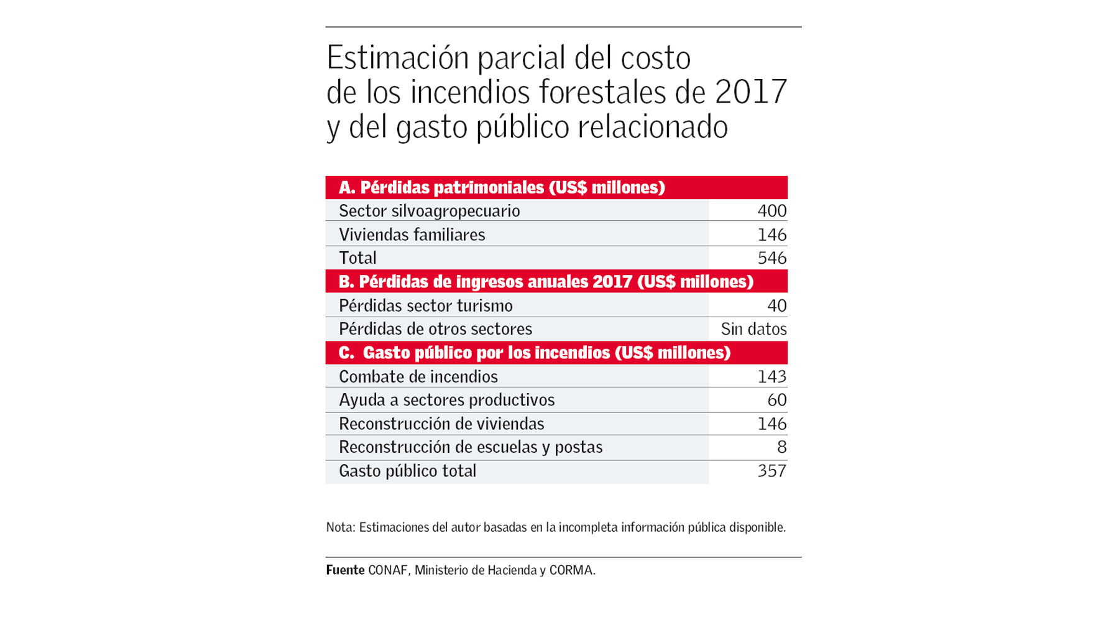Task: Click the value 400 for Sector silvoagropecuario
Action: [771, 211]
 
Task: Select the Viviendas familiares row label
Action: [412, 234]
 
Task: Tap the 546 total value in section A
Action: [771, 258]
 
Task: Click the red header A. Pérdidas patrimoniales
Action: [501, 187]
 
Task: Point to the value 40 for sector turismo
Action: [776, 305]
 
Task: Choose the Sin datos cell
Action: [753, 328]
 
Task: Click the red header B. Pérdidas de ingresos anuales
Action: [545, 282]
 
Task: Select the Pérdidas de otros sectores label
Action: [435, 328]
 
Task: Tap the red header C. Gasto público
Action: [534, 353]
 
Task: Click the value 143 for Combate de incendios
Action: [771, 376]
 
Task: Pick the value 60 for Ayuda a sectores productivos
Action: [776, 400]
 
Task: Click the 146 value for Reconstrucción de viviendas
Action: [771, 424]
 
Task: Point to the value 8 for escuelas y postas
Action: [781, 447]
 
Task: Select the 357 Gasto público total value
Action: [771, 471]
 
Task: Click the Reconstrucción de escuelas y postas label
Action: [470, 447]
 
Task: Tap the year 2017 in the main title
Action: [751, 91]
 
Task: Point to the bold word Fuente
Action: [345, 570]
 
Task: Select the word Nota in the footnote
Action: [339, 527]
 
